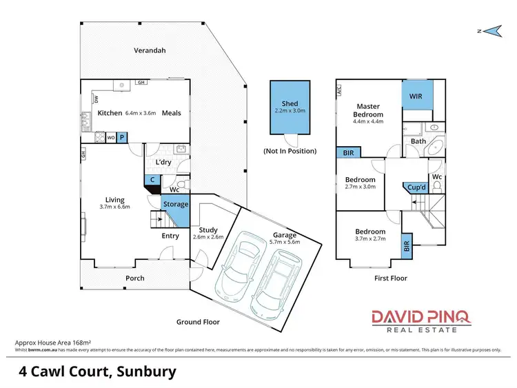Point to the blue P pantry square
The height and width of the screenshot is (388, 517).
pyautogui.click(x=123, y=137)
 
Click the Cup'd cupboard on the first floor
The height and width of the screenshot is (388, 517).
pyautogui.click(x=416, y=187)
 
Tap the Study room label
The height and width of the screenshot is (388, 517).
pyautogui.click(x=207, y=230)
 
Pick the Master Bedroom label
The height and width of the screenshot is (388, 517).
pyautogui.click(x=367, y=110)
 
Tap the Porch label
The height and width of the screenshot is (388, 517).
pyautogui.click(x=134, y=278)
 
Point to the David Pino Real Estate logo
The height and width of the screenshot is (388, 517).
pyautogui.click(x=421, y=320)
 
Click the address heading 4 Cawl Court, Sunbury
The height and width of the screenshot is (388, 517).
pyautogui.click(x=97, y=371)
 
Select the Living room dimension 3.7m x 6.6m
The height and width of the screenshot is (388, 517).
pyautogui.click(x=114, y=206)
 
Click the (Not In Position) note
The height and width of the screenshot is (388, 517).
pyautogui.click(x=290, y=150)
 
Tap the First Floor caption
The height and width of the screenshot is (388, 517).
pyautogui.click(x=389, y=278)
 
